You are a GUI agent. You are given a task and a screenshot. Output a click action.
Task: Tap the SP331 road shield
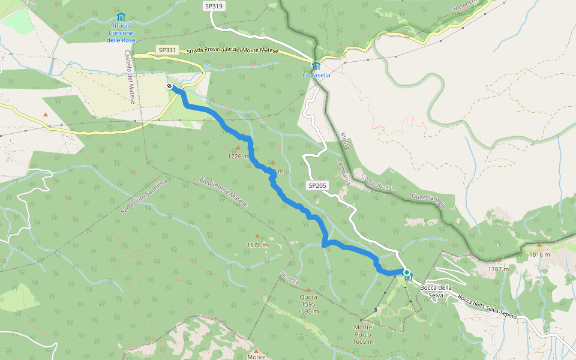[x=167, y=50]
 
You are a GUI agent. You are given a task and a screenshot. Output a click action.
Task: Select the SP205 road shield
[x=317, y=185]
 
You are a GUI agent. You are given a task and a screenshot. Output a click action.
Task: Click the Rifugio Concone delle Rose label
[x=121, y=32]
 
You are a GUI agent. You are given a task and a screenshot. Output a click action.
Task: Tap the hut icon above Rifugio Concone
[x=121, y=17]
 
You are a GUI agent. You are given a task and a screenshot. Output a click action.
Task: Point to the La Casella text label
[x=316, y=76]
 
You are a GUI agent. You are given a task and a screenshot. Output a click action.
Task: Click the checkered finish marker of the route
[x=170, y=86]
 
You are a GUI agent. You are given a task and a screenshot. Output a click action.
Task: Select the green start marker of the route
[x=407, y=273]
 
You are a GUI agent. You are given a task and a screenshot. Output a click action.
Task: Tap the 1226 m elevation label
[x=238, y=156]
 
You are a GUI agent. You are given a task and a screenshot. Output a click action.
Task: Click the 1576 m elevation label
[x=257, y=245]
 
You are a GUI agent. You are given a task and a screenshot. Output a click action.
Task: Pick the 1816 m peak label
[x=539, y=254]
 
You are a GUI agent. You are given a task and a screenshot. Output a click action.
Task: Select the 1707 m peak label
[x=498, y=269]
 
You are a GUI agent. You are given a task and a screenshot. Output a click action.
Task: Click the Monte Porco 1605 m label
[x=363, y=334]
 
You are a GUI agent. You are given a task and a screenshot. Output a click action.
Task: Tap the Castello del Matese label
[x=130, y=77]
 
